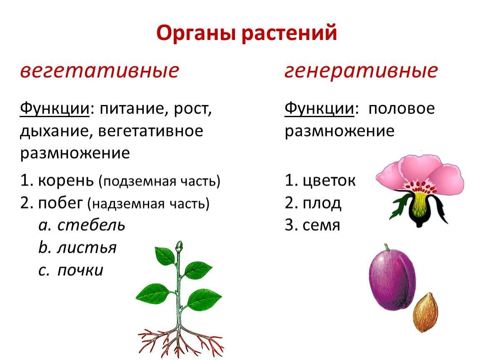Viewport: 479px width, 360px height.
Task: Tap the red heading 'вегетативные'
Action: pos(99,70)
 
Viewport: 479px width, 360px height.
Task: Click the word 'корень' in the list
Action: pos(66,180)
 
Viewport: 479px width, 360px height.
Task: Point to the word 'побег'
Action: pos(60,202)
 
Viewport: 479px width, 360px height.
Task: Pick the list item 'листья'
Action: pos(87,247)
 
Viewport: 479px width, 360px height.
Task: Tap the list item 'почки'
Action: pos(80,270)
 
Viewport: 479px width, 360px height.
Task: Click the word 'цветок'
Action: pos(329,180)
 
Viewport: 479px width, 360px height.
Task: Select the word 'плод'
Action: pos(322,202)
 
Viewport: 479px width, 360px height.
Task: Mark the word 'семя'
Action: pos(321,225)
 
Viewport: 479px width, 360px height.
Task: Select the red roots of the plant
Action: pos(180,341)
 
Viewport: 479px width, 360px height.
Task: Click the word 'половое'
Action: pos(402,108)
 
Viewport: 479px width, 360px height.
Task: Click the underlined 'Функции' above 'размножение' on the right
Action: pos(319,108)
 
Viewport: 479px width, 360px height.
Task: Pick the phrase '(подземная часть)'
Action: pos(159,181)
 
